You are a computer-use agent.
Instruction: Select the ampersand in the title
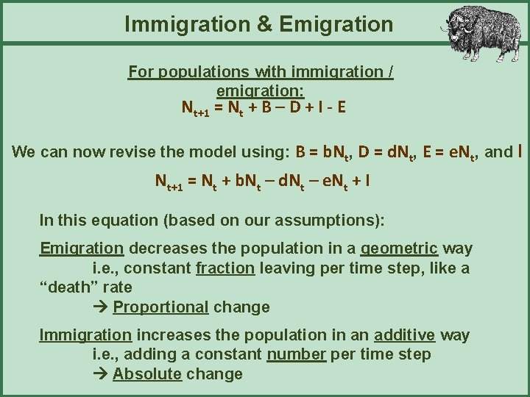[264, 24]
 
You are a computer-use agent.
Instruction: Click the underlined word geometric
[398, 248]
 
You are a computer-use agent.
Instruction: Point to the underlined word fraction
[225, 268]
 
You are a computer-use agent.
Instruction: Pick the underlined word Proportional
[161, 307]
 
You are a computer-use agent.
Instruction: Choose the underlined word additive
[404, 335]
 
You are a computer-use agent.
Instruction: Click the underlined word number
[297, 354]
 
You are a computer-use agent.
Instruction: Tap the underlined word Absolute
[147, 373]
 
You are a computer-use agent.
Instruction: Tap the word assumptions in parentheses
[331, 220]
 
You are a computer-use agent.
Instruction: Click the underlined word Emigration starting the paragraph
[82, 248]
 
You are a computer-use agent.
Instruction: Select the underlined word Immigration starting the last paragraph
[85, 335]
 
